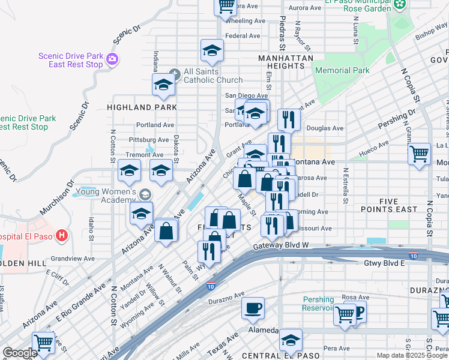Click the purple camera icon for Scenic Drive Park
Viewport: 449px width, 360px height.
click(112, 59)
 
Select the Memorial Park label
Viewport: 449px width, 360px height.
click(342, 70)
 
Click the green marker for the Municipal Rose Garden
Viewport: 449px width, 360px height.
click(400, 5)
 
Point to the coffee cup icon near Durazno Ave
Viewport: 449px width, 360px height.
click(253, 308)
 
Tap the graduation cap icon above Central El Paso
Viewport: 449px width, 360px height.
click(291, 340)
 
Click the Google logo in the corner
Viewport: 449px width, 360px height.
click(20, 353)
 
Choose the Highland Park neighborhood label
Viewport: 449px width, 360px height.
click(142, 107)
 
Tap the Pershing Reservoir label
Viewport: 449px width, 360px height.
click(318, 304)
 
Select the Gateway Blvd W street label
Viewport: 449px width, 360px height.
click(281, 246)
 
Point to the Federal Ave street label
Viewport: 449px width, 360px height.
click(243, 36)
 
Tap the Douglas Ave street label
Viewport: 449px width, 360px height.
click(325, 128)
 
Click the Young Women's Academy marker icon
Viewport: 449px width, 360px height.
click(145, 194)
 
